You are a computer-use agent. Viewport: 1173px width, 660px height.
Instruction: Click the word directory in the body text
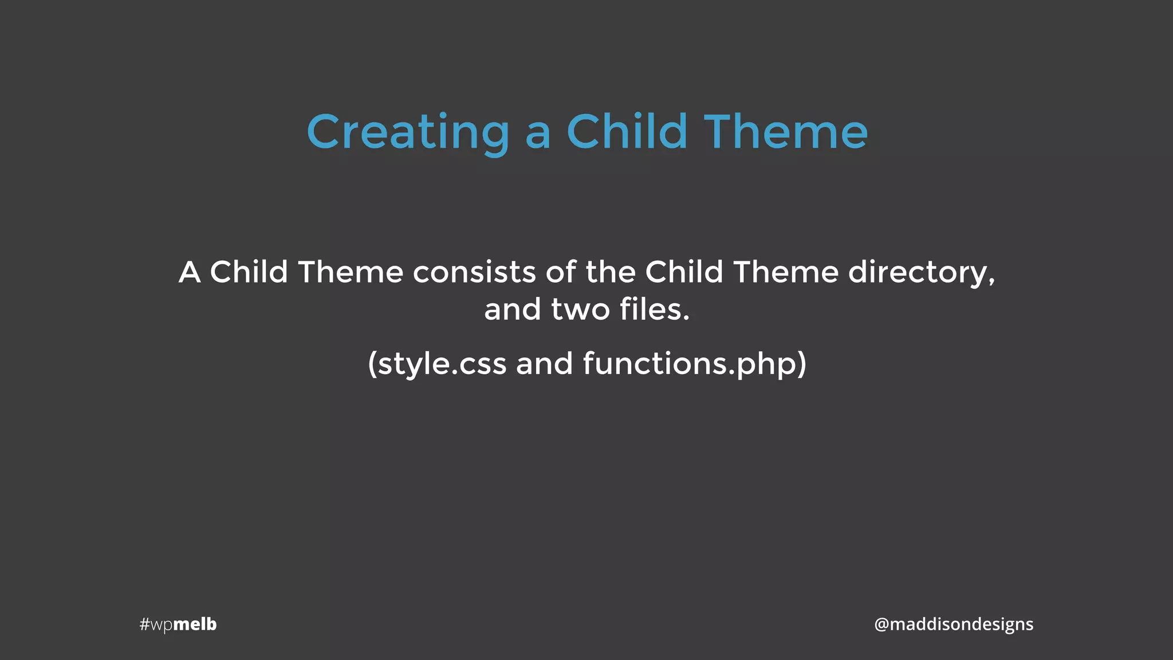pyautogui.click(x=917, y=272)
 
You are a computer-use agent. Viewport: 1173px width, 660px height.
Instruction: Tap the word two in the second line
pyautogui.click(x=580, y=309)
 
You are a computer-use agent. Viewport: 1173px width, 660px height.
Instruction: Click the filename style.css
pyautogui.click(x=442, y=364)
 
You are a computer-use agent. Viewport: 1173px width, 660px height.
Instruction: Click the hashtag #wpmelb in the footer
pyautogui.click(x=178, y=624)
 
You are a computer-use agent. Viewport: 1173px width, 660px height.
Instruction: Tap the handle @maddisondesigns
pyautogui.click(x=954, y=624)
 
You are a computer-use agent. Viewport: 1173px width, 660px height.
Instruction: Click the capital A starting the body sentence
pyautogui.click(x=190, y=272)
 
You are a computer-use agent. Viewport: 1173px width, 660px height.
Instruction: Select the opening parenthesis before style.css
pyautogui.click(x=372, y=364)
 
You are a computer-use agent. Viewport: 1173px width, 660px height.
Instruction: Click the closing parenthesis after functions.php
pyautogui.click(x=802, y=364)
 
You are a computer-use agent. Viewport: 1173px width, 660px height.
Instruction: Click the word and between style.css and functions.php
pyautogui.click(x=544, y=364)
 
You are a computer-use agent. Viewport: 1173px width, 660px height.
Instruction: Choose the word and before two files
pyautogui.click(x=512, y=309)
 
